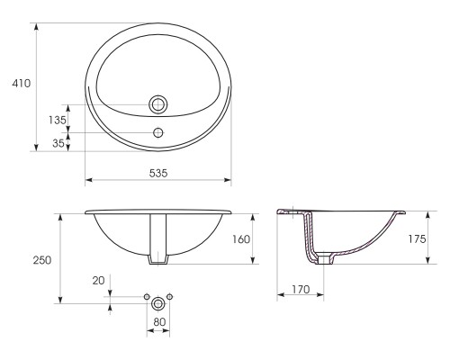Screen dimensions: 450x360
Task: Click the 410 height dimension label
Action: (x=22, y=83)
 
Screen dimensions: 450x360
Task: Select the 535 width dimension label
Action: (x=158, y=173)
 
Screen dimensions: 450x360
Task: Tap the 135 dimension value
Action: (x=58, y=120)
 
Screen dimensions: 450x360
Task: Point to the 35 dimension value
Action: (x=58, y=143)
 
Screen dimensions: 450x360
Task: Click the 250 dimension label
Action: (x=42, y=260)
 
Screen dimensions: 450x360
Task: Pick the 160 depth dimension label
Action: (x=241, y=239)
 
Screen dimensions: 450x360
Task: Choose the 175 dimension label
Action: (x=417, y=238)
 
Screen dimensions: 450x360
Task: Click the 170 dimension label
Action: (x=301, y=289)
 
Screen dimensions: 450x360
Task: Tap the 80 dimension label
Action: (x=159, y=322)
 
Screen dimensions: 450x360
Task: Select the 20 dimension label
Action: (x=98, y=281)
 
